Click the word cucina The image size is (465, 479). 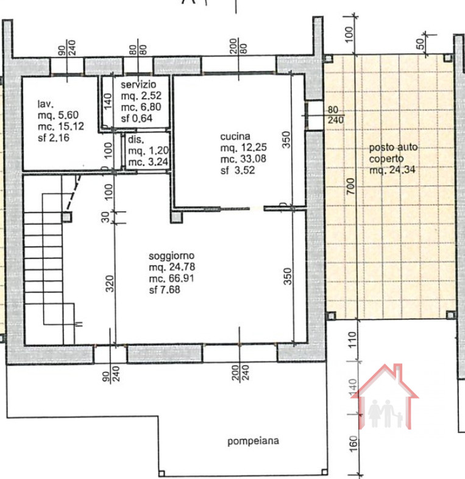tap(235, 138)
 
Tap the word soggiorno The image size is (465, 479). tap(168, 257)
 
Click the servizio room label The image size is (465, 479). tap(138, 83)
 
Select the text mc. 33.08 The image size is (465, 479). tap(244, 160)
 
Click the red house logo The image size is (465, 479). tap(388, 399)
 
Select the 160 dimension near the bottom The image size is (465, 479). tap(353, 451)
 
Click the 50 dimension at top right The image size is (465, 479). tap(420, 44)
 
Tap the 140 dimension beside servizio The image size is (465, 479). tap(108, 100)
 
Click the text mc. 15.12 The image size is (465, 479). tap(60, 126)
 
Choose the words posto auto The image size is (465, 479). tap(392, 147)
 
